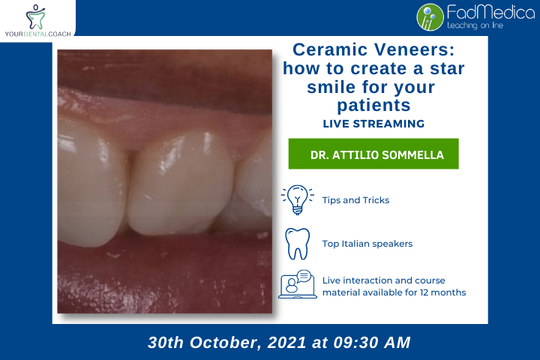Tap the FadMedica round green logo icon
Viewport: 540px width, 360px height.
click(430, 16)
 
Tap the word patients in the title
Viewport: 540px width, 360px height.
click(373, 104)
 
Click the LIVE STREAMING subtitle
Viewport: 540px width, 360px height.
click(373, 123)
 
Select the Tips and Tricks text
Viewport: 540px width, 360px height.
click(355, 200)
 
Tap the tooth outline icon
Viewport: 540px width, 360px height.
click(298, 244)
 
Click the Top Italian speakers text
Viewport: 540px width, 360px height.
click(367, 244)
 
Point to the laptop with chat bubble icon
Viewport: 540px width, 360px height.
click(298, 284)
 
